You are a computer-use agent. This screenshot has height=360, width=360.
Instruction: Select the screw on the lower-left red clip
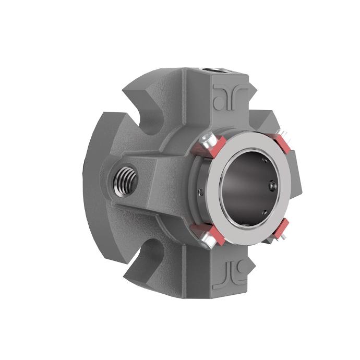click(x=206, y=241)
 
